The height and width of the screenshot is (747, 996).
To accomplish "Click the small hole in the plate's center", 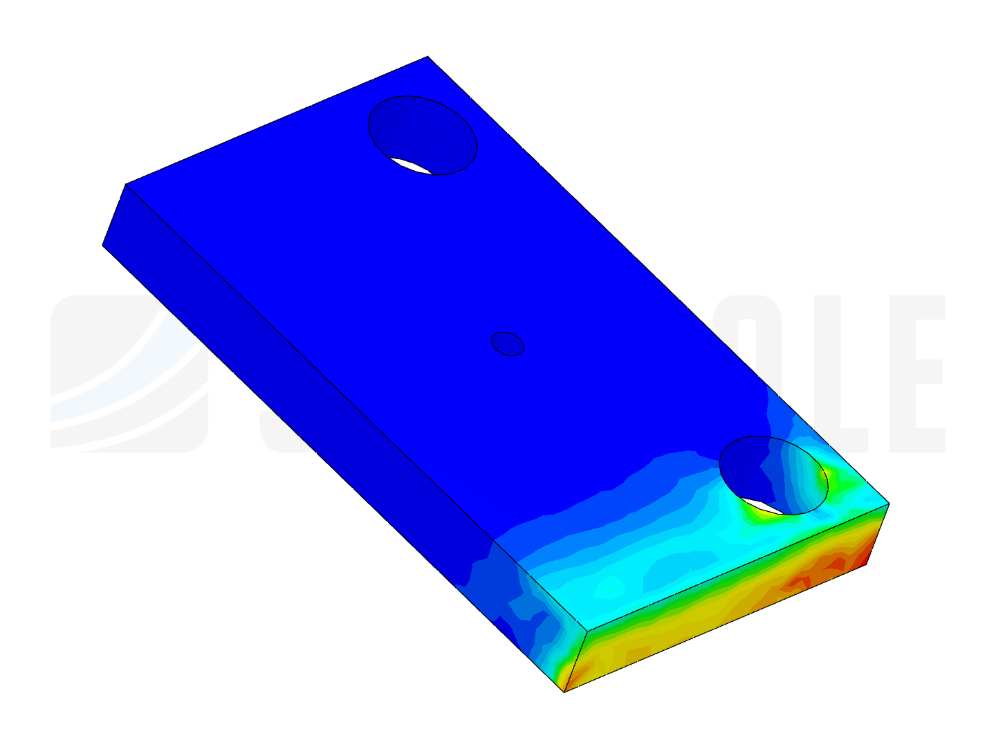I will tap(507, 344).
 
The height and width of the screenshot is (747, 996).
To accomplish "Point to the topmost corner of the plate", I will tap(427, 58).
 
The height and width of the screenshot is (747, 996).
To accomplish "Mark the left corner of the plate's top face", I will tap(128, 185).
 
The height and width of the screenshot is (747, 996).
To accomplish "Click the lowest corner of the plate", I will tap(565, 690).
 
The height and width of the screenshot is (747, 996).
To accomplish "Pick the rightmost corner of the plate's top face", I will tap(887, 504).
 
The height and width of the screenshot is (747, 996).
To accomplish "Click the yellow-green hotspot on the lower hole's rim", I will tap(823, 477).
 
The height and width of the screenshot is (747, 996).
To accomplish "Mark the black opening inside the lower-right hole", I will tap(768, 508).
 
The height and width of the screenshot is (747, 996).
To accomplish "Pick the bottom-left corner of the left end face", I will tap(104, 245).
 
